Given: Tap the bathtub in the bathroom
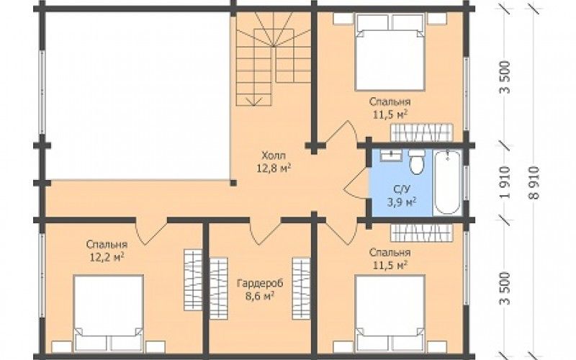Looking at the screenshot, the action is click(446, 182).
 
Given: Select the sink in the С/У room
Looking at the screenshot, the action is click(391, 155).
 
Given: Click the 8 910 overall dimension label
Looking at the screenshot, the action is click(535, 183).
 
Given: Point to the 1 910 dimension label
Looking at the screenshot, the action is click(505, 183).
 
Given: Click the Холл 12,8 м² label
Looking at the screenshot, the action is click(274, 161).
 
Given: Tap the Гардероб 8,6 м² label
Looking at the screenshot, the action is click(260, 289).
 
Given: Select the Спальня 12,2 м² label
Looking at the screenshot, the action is click(107, 251).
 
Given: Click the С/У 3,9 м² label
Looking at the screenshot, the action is click(402, 195).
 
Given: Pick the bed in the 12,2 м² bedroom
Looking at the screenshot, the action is click(108, 313).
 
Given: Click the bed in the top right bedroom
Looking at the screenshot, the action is click(390, 52).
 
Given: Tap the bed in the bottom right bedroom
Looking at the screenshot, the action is click(390, 313).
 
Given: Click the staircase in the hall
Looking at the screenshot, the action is click(274, 59).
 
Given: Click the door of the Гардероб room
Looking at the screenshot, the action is click(265, 231).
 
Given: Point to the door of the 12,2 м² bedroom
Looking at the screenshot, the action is click(151, 231).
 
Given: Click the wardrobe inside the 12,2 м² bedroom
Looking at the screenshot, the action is click(193, 280).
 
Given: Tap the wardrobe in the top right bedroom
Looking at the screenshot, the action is click(421, 132).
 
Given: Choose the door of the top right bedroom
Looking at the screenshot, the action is click(341, 132).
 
